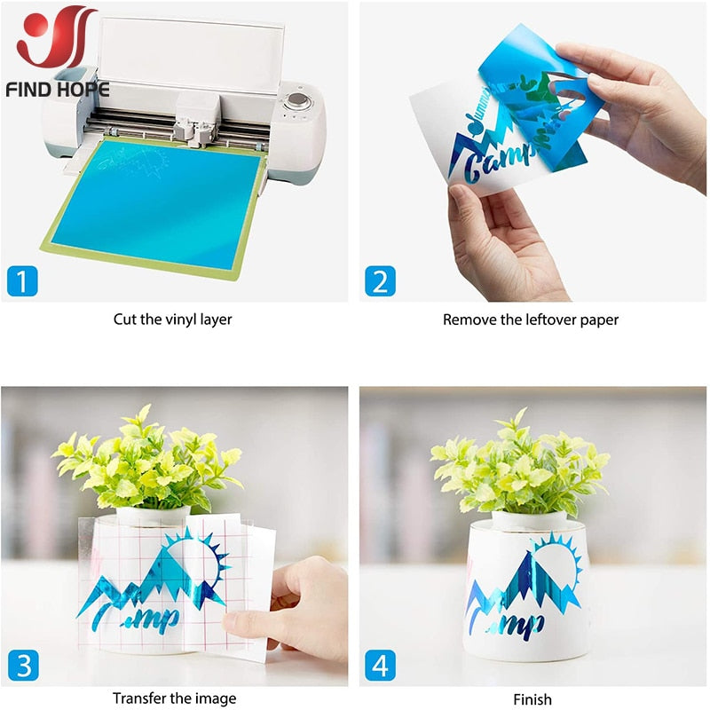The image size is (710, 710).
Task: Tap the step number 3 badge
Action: [23, 664]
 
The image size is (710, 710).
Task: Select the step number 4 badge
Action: [380, 664]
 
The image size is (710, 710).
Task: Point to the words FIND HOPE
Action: [57, 90]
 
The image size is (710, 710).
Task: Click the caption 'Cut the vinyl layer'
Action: [172, 319]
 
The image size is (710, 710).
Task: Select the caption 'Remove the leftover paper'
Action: [531, 319]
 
